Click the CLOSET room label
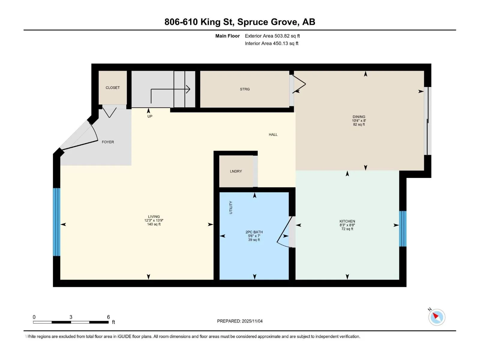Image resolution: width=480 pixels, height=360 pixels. [112, 88]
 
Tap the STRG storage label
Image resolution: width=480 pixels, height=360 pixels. [245, 89]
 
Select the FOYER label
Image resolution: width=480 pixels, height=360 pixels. [108, 142]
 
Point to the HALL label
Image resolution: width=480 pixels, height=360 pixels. [273, 135]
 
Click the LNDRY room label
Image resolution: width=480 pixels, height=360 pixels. [236, 171]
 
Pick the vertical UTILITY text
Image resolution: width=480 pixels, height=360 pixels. [231, 207]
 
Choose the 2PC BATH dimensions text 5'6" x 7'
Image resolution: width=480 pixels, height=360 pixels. [254, 236]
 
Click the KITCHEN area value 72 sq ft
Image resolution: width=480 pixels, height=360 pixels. [347, 229]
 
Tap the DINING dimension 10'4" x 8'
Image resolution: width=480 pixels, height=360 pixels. [359, 121]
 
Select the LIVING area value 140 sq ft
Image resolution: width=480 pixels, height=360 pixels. [154, 224]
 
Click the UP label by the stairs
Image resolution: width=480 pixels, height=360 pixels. [150, 116]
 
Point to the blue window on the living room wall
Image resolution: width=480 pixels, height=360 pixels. [56, 222]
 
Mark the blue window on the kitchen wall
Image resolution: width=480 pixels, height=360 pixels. [403, 229]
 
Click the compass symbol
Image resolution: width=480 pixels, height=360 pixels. [437, 317]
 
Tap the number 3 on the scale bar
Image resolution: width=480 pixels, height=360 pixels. [71, 317]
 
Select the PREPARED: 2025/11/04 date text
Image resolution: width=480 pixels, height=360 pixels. [240, 321]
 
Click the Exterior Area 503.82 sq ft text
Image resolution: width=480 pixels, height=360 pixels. [272, 36]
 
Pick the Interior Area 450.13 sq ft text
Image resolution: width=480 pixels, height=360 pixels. [271, 43]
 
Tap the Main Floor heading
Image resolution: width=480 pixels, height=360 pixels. [227, 36]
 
